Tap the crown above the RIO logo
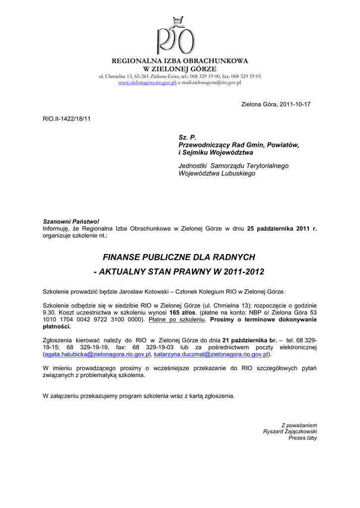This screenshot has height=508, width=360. [177, 21]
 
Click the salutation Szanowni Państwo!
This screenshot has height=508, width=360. [68, 221]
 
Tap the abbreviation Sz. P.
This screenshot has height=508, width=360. [188, 136]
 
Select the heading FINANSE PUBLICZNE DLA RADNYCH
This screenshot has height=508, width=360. [179, 257]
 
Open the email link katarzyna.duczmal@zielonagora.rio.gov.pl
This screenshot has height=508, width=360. [212, 355]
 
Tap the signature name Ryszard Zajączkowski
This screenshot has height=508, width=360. [290, 432]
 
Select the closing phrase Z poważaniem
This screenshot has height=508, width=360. [299, 425]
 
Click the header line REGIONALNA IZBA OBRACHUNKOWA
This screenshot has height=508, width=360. [180, 61]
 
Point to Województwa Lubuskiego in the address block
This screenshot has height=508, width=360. [216, 174]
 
